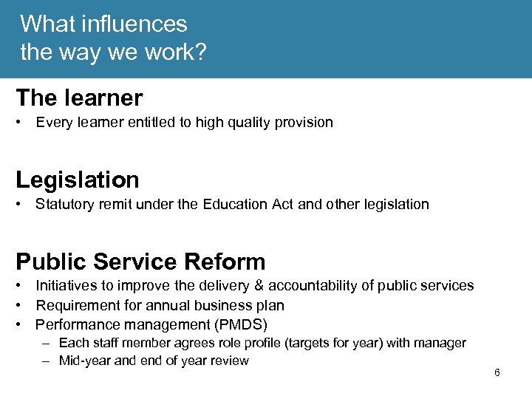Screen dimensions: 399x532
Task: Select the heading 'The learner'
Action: click(x=79, y=98)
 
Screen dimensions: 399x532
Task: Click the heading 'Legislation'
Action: click(x=78, y=180)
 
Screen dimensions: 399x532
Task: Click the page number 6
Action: click(x=497, y=372)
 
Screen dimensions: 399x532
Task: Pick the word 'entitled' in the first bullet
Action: click(x=151, y=123)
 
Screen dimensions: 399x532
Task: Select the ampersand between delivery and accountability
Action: click(x=259, y=286)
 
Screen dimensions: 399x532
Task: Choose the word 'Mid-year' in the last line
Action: click(x=83, y=361)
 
